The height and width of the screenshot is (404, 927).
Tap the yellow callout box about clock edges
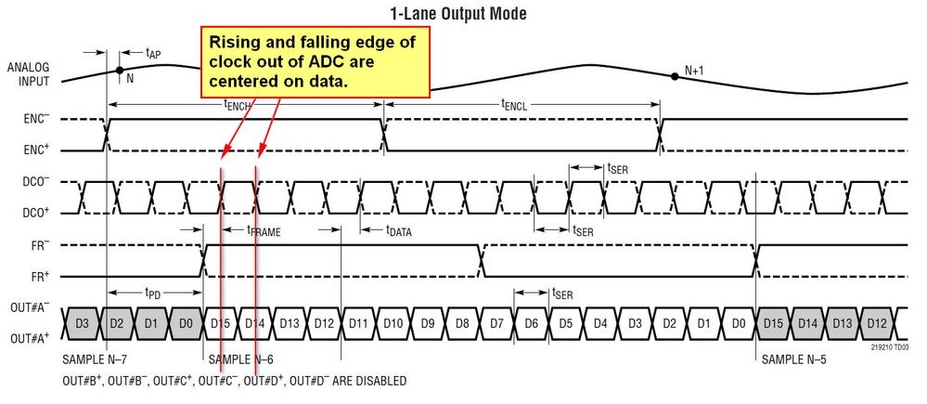[x=315, y=61]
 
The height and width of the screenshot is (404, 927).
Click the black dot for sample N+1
[x=675, y=76]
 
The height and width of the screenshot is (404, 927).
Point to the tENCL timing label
[x=518, y=107]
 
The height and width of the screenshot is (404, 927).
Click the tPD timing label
[x=154, y=291]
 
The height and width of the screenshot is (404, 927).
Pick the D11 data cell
[x=358, y=323]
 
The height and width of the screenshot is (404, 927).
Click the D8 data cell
[x=461, y=323]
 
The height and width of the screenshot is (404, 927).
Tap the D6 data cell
[x=530, y=323]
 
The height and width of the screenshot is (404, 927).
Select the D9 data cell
[x=427, y=323]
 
